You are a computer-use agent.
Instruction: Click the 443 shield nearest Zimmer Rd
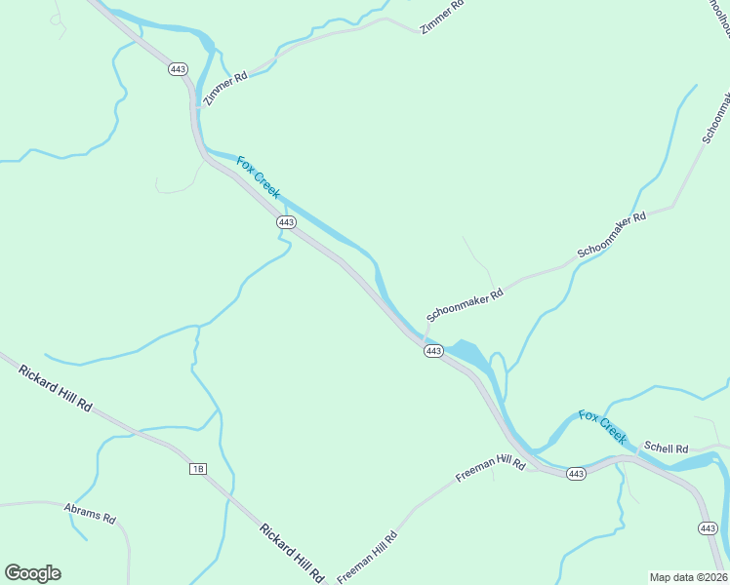click(x=178, y=69)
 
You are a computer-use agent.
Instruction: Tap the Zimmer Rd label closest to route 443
click(x=225, y=88)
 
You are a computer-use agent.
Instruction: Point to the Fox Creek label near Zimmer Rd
click(x=259, y=177)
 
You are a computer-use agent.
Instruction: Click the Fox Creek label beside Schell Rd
click(x=602, y=427)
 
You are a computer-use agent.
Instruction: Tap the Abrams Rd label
click(x=90, y=514)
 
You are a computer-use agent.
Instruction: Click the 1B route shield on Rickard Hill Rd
click(x=198, y=469)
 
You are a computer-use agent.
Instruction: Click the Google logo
click(x=32, y=573)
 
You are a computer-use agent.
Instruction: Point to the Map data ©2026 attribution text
click(x=688, y=577)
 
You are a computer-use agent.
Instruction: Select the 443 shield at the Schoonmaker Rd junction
click(x=434, y=351)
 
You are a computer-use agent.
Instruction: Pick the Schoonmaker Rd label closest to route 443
click(x=465, y=304)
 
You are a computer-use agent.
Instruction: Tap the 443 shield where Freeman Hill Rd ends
click(x=576, y=474)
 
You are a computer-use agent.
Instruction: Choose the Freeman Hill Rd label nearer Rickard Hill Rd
click(x=368, y=557)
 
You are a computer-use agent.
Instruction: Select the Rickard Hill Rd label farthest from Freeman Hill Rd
click(x=55, y=386)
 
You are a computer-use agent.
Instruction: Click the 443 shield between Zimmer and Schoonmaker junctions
click(x=286, y=222)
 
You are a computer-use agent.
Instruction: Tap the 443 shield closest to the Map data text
click(x=709, y=528)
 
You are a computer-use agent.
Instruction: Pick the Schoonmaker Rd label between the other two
click(x=612, y=235)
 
